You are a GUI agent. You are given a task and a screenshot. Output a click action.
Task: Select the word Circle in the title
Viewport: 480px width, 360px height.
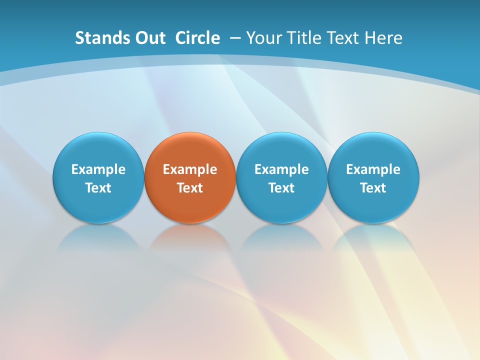point(197,38)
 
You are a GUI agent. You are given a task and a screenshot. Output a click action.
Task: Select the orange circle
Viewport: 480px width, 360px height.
point(190,150)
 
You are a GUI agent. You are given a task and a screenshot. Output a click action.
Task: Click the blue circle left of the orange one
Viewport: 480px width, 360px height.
point(98,150)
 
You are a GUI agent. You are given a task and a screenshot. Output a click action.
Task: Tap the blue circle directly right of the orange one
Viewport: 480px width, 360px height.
point(281,150)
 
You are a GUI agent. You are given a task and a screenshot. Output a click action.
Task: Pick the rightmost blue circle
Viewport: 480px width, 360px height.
point(373,150)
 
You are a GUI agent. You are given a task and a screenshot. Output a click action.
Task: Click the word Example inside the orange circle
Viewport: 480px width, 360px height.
point(190,169)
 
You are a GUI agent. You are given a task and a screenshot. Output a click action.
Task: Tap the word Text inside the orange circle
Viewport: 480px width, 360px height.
point(190,188)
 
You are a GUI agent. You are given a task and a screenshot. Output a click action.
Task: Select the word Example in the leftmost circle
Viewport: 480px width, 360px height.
point(98,169)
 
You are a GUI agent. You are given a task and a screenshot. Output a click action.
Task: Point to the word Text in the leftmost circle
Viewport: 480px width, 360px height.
point(98,188)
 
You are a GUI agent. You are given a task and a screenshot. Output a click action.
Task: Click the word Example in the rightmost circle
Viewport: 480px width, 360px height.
point(373,169)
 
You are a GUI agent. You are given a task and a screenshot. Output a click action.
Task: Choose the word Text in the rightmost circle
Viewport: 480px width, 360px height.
point(373,188)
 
